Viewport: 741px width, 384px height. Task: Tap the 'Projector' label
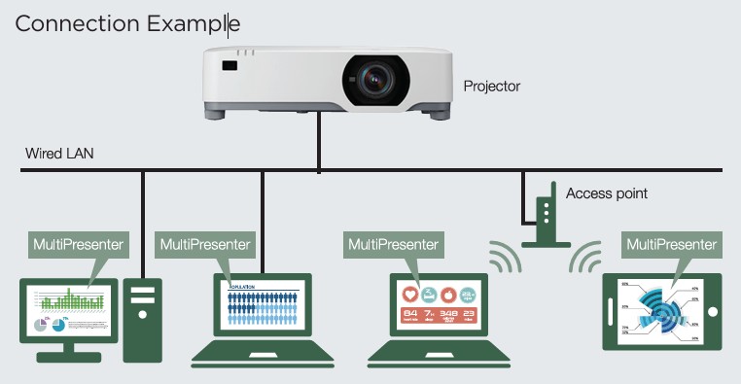(492, 87)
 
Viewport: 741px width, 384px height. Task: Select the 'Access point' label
(606, 193)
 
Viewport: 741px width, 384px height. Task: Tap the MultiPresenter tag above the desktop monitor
(79, 244)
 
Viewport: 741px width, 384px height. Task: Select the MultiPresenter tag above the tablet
(672, 244)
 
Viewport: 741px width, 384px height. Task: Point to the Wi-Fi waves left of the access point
(500, 257)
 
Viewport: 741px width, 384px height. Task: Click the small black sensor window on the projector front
(229, 66)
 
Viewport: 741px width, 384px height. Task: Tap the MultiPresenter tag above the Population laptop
(205, 244)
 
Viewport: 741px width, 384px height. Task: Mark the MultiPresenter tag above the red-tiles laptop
(393, 244)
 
